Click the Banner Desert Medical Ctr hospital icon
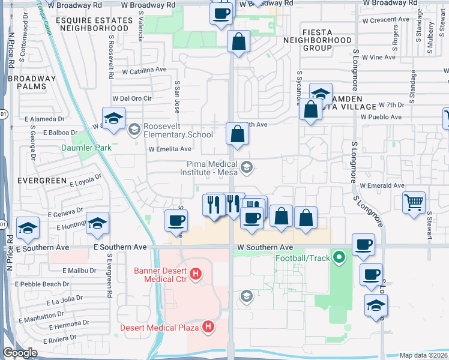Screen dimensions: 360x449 (x=195, y=275)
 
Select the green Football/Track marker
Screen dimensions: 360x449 (x=339, y=259)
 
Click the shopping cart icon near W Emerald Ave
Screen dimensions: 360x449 (x=414, y=203)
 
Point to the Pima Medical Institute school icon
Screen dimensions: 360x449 (x=246, y=168)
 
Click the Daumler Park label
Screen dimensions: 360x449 (x=86, y=148)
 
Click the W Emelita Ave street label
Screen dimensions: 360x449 (x=170, y=149)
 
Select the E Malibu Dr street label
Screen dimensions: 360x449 (x=77, y=271)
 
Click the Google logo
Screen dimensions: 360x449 (x=19, y=353)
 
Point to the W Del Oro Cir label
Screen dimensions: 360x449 (x=133, y=98)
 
